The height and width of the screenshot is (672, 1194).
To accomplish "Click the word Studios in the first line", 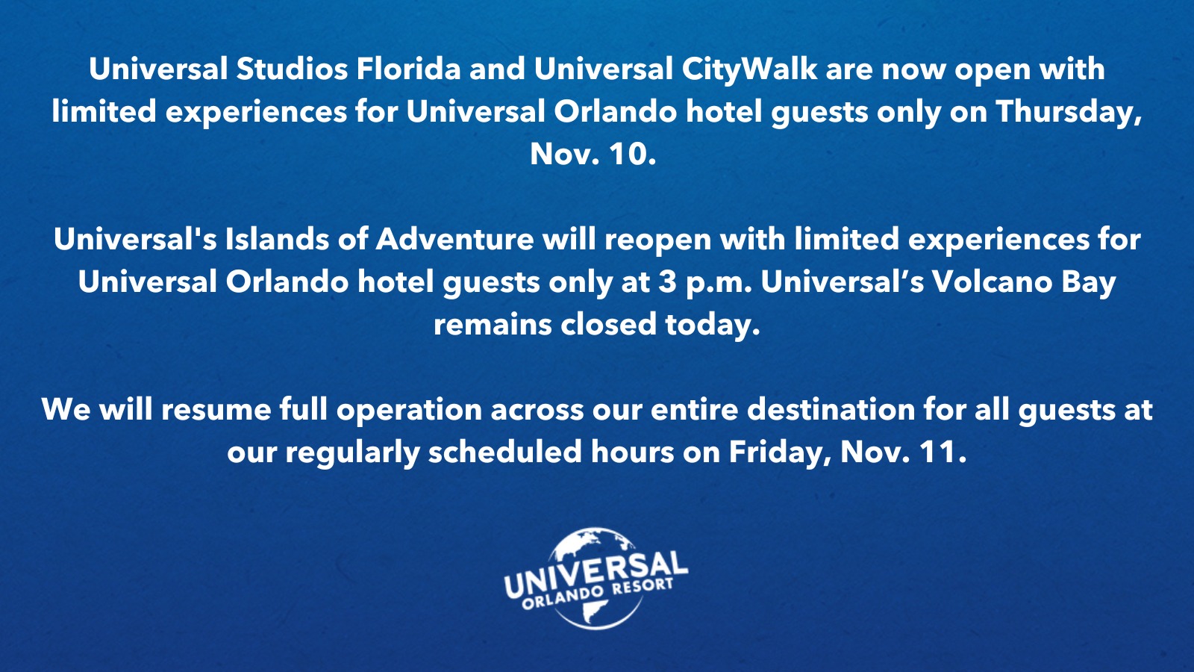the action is tap(292, 69).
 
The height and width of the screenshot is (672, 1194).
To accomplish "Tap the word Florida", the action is tap(408, 69).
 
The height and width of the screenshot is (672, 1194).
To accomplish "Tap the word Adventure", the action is tap(454, 240).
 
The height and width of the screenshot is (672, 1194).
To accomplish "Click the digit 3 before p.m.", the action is tap(667, 283).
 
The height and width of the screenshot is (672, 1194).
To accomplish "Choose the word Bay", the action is tap(1089, 284).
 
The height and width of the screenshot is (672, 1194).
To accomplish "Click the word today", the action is tap(712, 326).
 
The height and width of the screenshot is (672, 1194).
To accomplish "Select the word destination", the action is tap(831, 410).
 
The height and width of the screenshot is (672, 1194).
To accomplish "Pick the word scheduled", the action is tap(504, 452).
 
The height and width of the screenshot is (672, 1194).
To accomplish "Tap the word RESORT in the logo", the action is tap(642, 587).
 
